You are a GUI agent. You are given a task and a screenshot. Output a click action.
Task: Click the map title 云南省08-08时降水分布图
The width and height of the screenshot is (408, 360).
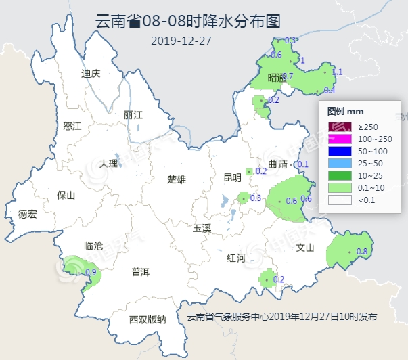point(188,21)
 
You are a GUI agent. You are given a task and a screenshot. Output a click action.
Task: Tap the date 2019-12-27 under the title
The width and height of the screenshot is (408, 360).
point(181,40)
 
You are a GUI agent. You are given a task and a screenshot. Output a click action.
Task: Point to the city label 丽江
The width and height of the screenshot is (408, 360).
point(133,115)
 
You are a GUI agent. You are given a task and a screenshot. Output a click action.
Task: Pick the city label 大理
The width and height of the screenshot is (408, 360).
point(108,163)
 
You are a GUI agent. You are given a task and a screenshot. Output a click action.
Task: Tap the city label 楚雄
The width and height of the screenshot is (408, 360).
point(177,179)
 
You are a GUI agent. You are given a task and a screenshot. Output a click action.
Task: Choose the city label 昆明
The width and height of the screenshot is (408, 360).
point(231,178)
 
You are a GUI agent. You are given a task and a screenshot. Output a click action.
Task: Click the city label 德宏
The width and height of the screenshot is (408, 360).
point(27,214)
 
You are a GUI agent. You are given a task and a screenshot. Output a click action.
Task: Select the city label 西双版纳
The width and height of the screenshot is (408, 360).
point(147,319)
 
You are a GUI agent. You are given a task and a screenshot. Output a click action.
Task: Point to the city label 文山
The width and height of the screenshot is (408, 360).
point(305,248)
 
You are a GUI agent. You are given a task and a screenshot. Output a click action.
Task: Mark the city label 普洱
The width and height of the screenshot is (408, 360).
point(141,272)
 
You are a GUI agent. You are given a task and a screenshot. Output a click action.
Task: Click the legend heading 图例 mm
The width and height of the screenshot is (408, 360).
point(346,111)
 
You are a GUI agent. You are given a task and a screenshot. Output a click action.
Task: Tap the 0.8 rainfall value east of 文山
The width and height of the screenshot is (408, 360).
point(361,252)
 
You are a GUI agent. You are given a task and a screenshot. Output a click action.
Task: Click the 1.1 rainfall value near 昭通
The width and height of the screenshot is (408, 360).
point(338,72)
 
